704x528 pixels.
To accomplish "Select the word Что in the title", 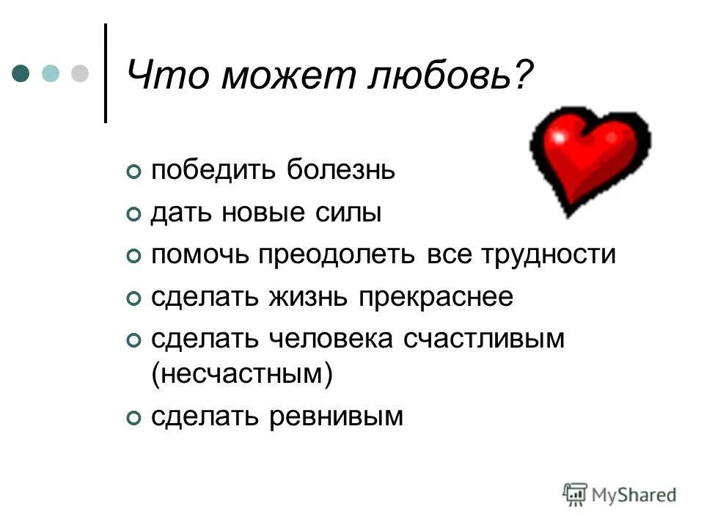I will click(x=164, y=76).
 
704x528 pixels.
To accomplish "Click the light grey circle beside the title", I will click(x=79, y=73).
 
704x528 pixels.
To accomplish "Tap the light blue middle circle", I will click(x=50, y=73).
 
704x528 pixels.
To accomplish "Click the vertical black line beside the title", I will click(x=107, y=73).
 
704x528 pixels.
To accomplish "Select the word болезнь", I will click(x=341, y=171).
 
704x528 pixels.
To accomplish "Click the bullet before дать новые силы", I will click(x=133, y=215).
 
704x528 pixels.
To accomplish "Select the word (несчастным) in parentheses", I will click(x=242, y=374).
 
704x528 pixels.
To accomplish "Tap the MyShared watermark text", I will click(x=634, y=494).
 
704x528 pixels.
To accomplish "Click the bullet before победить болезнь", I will click(x=133, y=172).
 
